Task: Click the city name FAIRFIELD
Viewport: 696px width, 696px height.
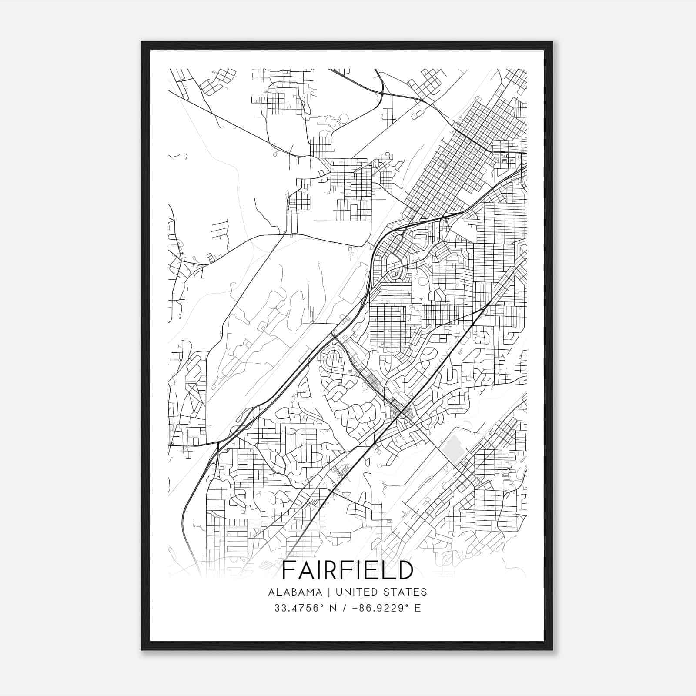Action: tap(348, 570)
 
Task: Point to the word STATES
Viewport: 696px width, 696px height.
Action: tap(407, 592)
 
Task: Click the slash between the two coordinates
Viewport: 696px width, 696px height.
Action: tap(345, 608)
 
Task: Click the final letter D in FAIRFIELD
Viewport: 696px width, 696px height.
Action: tap(404, 570)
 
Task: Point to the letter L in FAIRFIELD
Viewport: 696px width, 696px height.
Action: tap(387, 570)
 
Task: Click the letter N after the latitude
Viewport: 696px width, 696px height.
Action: tap(334, 608)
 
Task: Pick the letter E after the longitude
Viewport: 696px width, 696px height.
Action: tap(418, 608)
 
